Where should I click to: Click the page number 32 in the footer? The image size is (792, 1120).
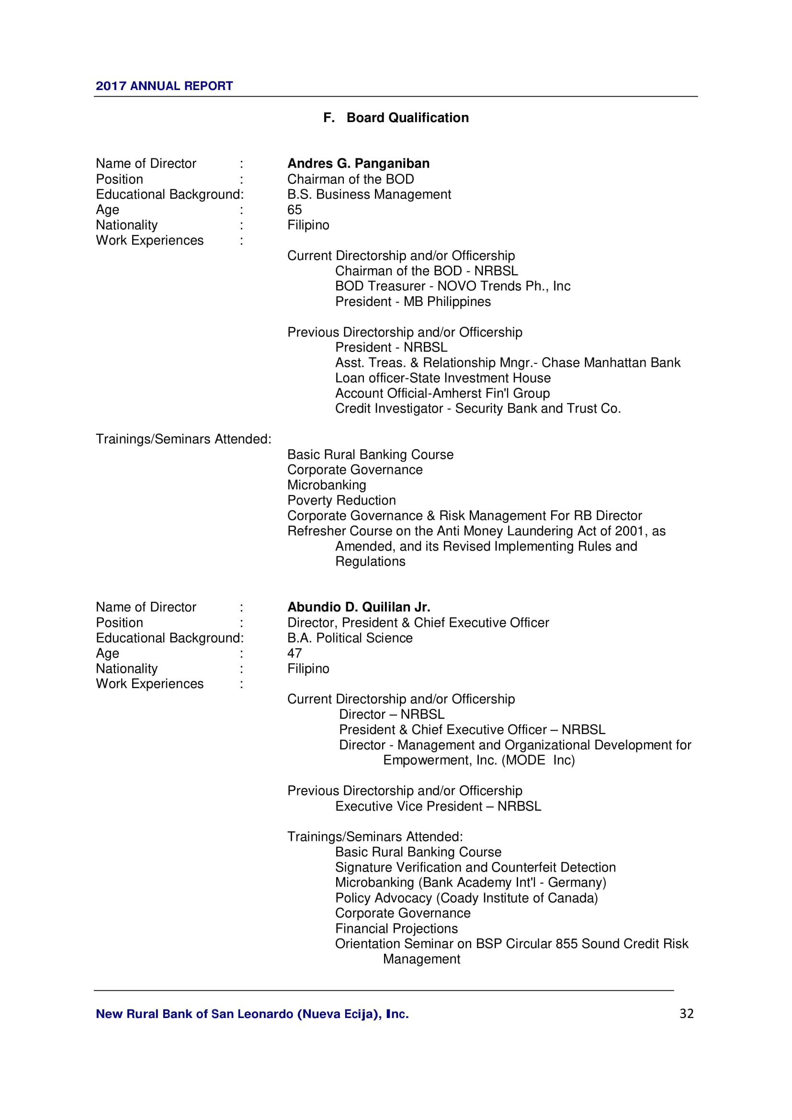(x=686, y=1013)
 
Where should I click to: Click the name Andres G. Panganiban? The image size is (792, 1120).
(x=358, y=163)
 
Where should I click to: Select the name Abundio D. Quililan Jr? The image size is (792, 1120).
(x=359, y=607)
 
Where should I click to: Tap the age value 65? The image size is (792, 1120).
(x=294, y=210)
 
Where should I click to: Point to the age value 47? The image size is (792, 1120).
(x=294, y=653)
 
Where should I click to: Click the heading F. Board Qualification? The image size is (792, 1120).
(x=396, y=118)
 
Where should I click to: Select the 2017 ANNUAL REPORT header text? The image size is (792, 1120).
(x=164, y=86)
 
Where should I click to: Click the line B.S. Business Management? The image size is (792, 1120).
(x=369, y=194)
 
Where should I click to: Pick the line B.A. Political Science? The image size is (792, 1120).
(x=350, y=638)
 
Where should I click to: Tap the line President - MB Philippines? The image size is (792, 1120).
(x=413, y=302)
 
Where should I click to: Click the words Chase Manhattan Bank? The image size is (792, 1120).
(x=611, y=362)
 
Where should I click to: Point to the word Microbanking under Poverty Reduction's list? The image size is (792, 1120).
(x=326, y=485)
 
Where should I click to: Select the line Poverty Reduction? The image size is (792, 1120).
(x=341, y=500)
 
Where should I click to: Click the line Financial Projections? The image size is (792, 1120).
(x=396, y=928)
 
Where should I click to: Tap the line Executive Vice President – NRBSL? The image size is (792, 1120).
(x=438, y=806)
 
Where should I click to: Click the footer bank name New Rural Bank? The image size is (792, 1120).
(x=252, y=1014)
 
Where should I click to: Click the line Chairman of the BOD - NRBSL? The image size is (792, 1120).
(x=426, y=271)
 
